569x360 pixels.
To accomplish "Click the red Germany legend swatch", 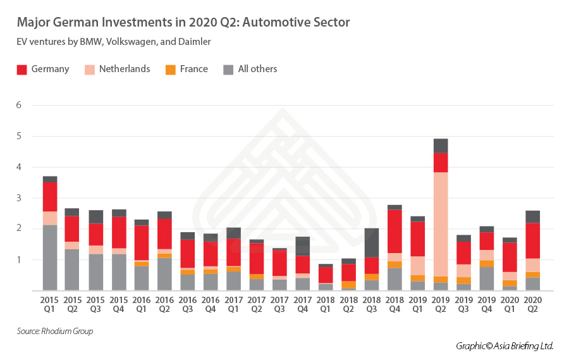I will (x=22, y=70).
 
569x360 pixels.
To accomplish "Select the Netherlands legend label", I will (x=124, y=69).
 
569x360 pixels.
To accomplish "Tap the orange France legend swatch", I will (x=171, y=70).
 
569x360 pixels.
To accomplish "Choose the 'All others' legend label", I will (x=257, y=69).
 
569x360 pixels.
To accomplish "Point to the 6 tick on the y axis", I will (x=19, y=105).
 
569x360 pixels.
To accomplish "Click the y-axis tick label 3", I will (x=19, y=198).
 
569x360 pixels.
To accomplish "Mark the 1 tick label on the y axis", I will (x=19, y=259).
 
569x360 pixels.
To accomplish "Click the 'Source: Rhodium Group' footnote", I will (x=55, y=332).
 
